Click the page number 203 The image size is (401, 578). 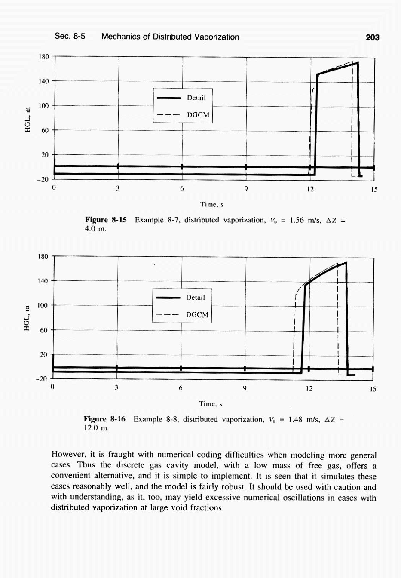point(372,37)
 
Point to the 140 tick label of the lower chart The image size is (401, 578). point(44,281)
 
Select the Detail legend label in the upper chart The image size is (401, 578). point(196,98)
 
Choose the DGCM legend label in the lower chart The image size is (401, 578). point(197,315)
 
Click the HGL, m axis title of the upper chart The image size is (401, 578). point(28,118)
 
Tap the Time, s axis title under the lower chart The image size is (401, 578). point(210,404)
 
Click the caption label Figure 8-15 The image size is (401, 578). point(106,220)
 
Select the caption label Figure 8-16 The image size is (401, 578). point(104,419)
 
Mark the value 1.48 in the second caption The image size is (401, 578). point(296,419)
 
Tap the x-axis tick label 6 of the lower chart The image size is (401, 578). point(181,388)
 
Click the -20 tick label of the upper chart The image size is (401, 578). point(43,179)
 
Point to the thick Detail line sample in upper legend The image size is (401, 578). point(169,98)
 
